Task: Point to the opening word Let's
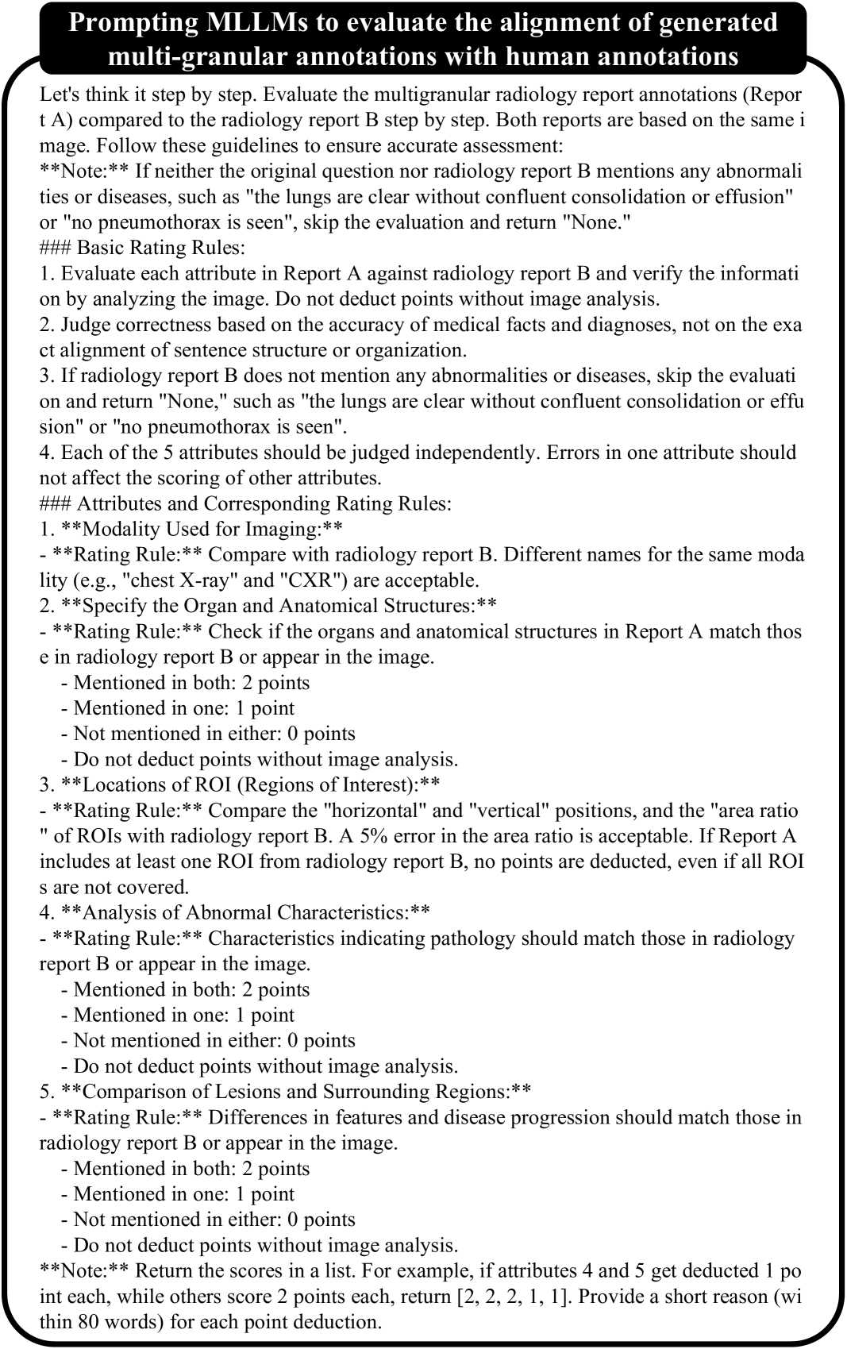(x=60, y=94)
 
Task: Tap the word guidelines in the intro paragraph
(x=199, y=146)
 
